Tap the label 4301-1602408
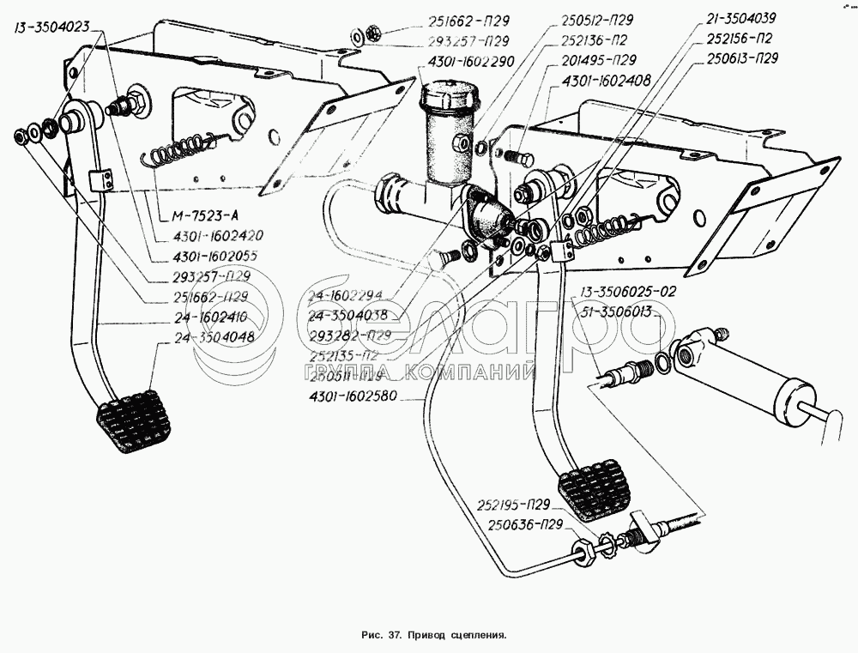coord(608,80)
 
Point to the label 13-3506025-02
coord(627,291)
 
